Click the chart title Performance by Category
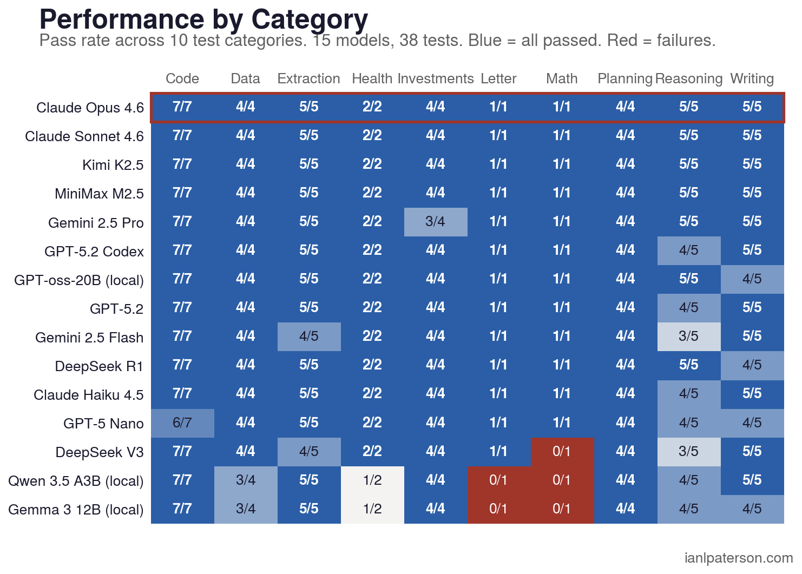tap(203, 19)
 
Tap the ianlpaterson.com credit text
tap(738, 558)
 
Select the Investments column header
tap(435, 79)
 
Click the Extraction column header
tap(308, 79)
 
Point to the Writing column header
tap(752, 79)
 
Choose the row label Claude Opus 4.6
tap(90, 108)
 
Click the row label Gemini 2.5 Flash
tap(89, 338)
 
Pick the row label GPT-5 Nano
tap(103, 424)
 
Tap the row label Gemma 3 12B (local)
tap(76, 510)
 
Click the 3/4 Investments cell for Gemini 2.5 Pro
tap(435, 222)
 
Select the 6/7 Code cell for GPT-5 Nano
tap(182, 423)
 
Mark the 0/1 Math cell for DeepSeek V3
tap(562, 452)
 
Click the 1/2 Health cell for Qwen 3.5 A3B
tap(372, 480)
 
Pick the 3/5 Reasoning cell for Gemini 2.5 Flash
tap(688, 337)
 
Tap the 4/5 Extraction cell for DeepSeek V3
tap(309, 452)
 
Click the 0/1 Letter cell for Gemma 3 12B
tap(498, 509)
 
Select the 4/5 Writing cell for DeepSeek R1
tap(752, 365)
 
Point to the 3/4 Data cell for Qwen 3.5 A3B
tap(246, 480)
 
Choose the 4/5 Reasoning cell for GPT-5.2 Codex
tap(688, 250)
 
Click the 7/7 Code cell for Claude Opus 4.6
tap(182, 107)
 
